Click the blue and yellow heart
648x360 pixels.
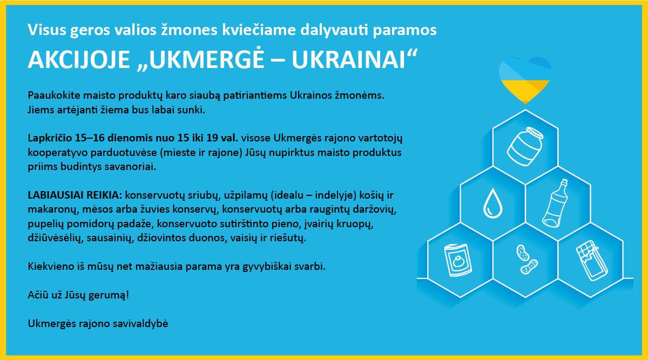pyautogui.click(x=525, y=80)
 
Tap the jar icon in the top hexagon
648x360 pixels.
pyautogui.click(x=525, y=147)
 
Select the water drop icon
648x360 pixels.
pyautogui.click(x=492, y=203)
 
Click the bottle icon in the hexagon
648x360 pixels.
pyautogui.click(x=555, y=203)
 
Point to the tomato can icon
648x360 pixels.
pyautogui.click(x=458, y=260)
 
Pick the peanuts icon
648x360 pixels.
pyautogui.click(x=527, y=260)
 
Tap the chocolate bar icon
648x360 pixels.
pyautogui.click(x=592, y=261)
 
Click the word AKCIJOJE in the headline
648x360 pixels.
pyautogui.click(x=79, y=60)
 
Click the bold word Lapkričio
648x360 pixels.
pyautogui.click(x=50, y=138)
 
